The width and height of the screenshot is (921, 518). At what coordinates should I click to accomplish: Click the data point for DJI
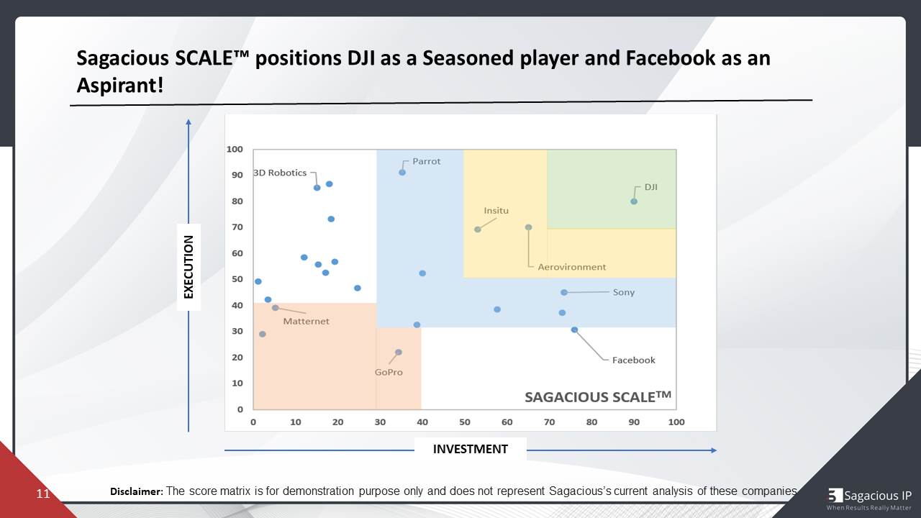[634, 201]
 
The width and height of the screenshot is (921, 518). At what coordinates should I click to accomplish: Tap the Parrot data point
[402, 173]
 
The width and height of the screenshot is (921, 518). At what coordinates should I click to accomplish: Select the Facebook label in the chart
[633, 360]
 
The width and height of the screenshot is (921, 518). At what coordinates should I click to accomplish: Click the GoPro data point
[399, 353]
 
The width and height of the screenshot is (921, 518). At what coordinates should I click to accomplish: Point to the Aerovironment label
[572, 267]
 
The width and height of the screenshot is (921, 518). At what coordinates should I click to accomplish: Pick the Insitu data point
[478, 230]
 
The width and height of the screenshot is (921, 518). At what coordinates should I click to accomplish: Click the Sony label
[623, 293]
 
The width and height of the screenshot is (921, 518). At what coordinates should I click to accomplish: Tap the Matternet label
[306, 322]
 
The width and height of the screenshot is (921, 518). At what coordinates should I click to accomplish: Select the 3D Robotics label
[279, 173]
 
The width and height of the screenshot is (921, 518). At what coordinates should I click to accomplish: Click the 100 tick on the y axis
[235, 150]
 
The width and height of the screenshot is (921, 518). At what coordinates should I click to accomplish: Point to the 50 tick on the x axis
[465, 422]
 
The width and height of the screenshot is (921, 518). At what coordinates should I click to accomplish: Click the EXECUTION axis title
[189, 267]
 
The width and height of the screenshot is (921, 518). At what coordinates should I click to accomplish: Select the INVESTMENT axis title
[470, 449]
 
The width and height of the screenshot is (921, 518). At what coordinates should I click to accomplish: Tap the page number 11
[43, 494]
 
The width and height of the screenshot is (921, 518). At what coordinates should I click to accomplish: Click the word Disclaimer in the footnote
[136, 491]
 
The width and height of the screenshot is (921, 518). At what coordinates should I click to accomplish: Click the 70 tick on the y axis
[237, 227]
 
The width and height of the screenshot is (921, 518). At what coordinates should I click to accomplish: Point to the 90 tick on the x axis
[634, 422]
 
